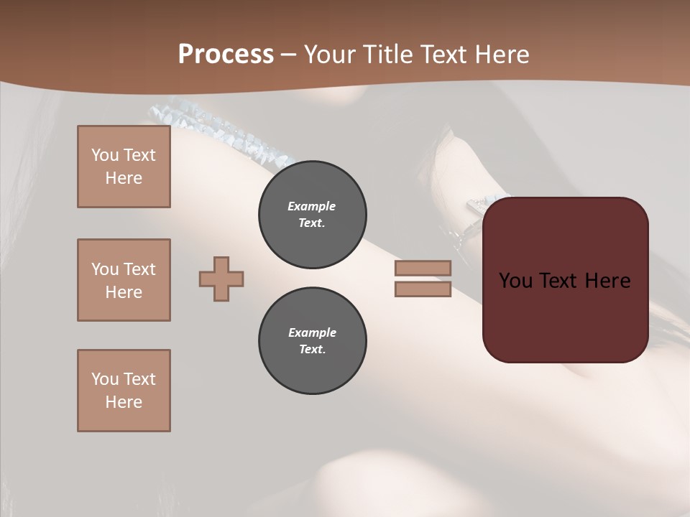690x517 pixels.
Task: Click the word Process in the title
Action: [226, 55]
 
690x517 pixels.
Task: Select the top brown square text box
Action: [124, 167]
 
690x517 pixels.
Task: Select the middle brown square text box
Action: [124, 280]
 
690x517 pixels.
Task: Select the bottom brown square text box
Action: [124, 391]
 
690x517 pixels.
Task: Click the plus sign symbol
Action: [221, 279]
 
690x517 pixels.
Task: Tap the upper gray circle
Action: [313, 215]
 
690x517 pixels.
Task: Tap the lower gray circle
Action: [313, 341]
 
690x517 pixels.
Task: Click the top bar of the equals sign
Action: [423, 268]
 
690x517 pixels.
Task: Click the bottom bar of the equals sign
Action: [423, 289]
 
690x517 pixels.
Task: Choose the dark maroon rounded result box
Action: [566, 280]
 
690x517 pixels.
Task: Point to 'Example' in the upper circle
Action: [311, 206]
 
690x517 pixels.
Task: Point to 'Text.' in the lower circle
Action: [312, 350]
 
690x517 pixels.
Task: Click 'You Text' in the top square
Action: [124, 155]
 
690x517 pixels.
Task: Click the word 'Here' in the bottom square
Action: [124, 402]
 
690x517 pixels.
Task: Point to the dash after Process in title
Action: [289, 55]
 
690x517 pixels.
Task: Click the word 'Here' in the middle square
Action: [124, 292]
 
